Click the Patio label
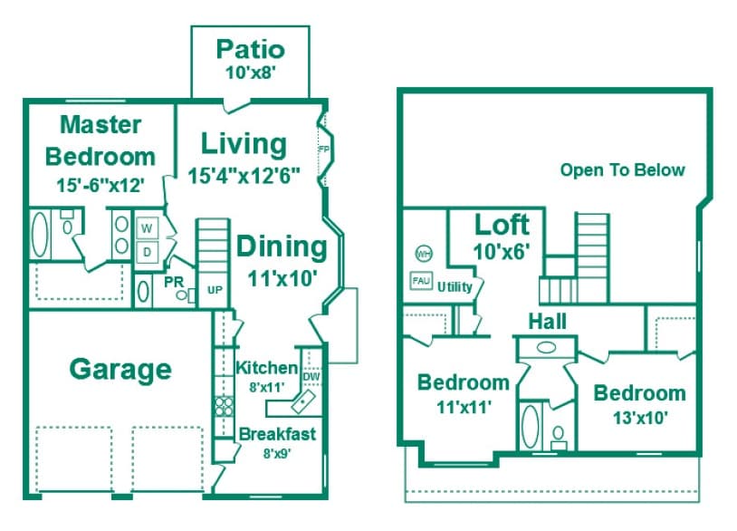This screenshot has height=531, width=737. coord(251,48)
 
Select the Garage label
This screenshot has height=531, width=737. coord(120,369)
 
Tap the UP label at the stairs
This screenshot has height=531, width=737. coord(215,290)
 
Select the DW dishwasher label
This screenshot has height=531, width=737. coord(311,376)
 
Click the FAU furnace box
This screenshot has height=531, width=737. coord(421,281)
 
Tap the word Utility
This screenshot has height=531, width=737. coord(455,285)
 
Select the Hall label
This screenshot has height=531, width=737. coord(548,322)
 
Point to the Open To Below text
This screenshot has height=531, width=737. coord(622,169)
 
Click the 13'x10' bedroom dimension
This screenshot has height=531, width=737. coord(639,418)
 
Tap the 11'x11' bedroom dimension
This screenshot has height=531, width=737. coord(463,407)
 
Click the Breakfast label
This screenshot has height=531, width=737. coord(277,434)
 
